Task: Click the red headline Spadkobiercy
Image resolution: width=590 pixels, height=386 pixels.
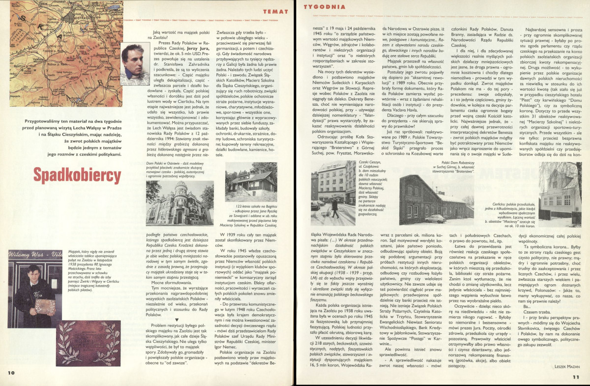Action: pos(78,175)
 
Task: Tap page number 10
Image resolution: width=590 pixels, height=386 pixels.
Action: pos(11,372)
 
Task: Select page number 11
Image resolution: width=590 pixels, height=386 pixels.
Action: pos(576,377)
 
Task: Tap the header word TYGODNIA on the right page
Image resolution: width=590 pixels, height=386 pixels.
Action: pos(317,7)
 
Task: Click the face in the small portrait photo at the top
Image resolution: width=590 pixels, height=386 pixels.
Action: pos(135,61)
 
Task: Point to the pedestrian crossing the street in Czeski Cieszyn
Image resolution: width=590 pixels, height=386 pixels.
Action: pos(334,208)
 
